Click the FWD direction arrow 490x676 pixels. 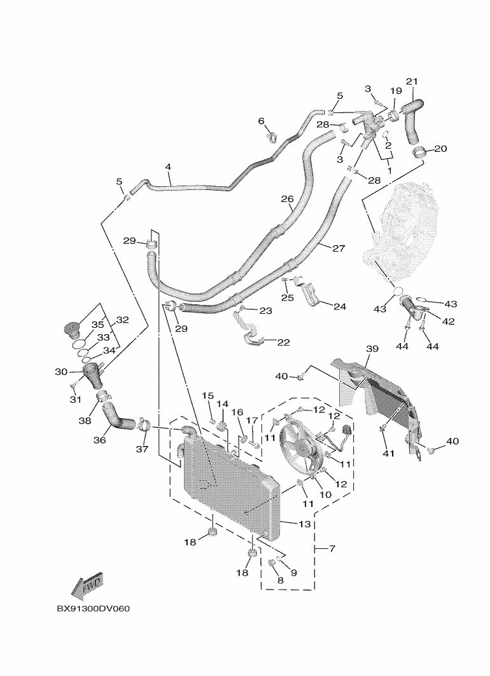point(87,585)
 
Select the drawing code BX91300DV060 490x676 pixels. point(94,609)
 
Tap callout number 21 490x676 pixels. point(412,81)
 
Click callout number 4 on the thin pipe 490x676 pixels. point(168,167)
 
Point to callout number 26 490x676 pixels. point(287,198)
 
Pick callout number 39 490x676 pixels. point(372,349)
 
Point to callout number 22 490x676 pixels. point(283,342)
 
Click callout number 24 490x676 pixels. point(339,306)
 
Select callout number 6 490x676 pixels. point(262,121)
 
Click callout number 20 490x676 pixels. point(440,149)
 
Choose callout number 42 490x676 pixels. point(448,321)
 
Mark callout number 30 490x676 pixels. point(61,372)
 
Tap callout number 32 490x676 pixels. point(122,321)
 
